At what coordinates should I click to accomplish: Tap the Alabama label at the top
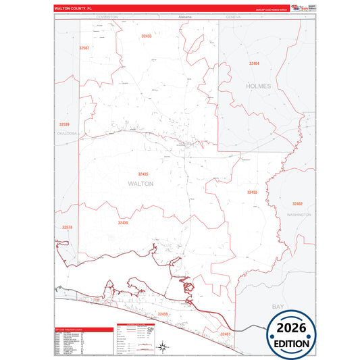[185, 16]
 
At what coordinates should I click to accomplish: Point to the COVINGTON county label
[107, 16]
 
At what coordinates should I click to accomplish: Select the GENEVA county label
[234, 16]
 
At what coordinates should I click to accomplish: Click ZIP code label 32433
[147, 36]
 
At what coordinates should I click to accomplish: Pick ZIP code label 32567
[84, 48]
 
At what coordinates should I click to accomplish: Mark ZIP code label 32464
[254, 63]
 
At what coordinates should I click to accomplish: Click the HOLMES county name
[259, 86]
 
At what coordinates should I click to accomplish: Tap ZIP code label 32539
[64, 124]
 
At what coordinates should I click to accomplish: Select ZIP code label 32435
[143, 174]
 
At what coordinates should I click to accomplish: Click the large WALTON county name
[140, 183]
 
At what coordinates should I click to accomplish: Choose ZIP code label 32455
[252, 192]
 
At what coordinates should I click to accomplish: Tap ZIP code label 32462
[297, 203]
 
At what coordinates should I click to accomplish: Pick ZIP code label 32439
[123, 222]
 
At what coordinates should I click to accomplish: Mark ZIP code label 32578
[66, 228]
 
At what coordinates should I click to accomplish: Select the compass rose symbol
[162, 348]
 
